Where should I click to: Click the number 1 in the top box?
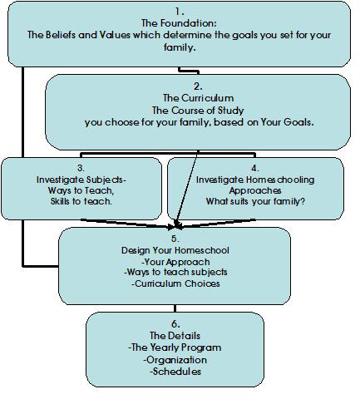click(x=179, y=12)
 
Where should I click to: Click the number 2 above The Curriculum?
click(x=198, y=86)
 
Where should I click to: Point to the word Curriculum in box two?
click(x=208, y=98)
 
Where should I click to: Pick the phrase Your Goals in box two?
click(x=287, y=122)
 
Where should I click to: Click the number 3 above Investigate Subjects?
click(x=81, y=168)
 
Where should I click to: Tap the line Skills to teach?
click(x=81, y=201)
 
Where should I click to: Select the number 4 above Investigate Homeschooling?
click(x=255, y=168)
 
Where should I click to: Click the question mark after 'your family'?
click(x=303, y=201)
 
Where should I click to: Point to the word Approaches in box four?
click(x=255, y=190)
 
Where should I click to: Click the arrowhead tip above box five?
click(x=176, y=228)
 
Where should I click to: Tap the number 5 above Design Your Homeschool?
click(x=175, y=239)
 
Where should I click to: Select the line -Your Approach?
click(x=175, y=262)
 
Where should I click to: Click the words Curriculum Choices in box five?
click(x=177, y=283)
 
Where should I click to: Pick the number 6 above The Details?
click(x=175, y=323)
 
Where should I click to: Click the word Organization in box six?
click(x=176, y=360)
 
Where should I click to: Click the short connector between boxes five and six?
click(x=175, y=308)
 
